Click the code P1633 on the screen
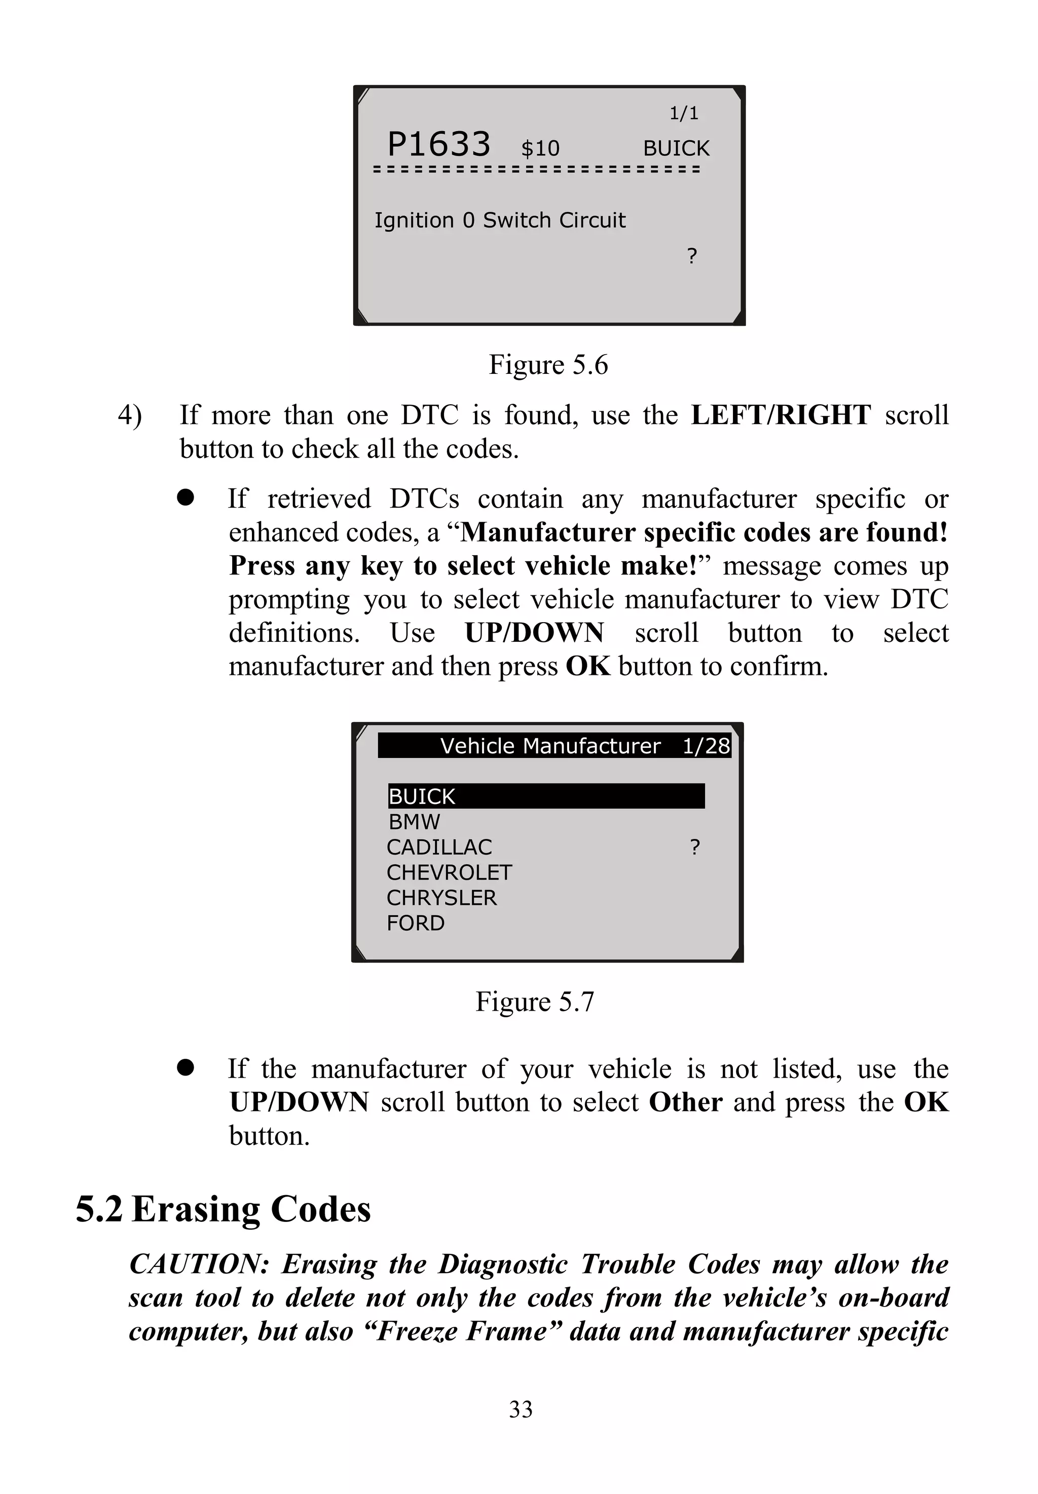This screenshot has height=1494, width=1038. [438, 144]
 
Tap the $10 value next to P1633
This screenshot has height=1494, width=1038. [540, 149]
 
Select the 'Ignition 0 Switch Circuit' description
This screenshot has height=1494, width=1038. [500, 220]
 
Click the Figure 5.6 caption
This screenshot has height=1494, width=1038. [548, 365]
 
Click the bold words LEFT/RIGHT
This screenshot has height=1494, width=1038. [781, 415]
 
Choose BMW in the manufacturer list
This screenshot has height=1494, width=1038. [414, 822]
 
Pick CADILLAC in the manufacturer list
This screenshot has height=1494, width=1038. [439, 847]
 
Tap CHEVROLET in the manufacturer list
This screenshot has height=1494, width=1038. [449, 872]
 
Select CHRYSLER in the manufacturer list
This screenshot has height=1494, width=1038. [441, 898]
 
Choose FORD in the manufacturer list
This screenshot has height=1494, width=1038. [416, 923]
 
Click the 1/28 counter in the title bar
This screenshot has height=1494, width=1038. [706, 746]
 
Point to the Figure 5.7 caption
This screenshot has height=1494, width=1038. [535, 1002]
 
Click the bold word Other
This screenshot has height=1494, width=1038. [686, 1102]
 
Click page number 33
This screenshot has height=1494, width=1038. [521, 1409]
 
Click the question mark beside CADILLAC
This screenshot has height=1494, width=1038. [694, 847]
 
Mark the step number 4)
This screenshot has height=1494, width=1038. [129, 415]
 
